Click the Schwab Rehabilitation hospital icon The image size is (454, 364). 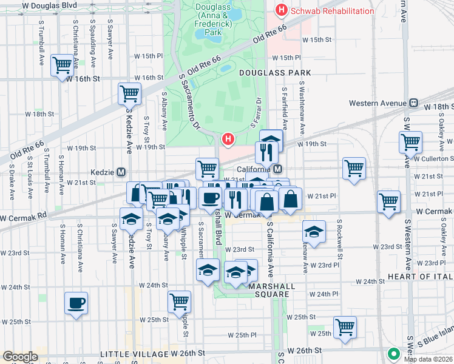point(281,10)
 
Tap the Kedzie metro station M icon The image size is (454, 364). point(121,172)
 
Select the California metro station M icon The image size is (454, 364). point(277,169)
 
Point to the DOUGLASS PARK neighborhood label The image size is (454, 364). point(275,73)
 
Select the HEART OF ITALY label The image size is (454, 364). point(421,277)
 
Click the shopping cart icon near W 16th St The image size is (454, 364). point(62,65)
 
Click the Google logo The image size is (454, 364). point(20,357)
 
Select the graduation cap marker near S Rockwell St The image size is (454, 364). point(314,231)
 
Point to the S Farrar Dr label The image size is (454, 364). point(255,113)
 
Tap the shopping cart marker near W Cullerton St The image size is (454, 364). point(411,143)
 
